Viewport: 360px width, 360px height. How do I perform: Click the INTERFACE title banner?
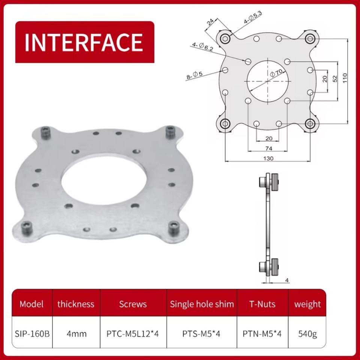84,42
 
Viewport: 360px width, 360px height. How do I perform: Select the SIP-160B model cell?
32,333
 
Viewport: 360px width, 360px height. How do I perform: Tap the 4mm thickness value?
76,334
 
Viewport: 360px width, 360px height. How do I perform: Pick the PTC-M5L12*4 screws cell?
133,333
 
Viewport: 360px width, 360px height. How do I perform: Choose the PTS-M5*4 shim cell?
201,333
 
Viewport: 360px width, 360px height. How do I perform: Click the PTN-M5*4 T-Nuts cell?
262,333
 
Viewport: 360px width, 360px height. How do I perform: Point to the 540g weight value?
307,334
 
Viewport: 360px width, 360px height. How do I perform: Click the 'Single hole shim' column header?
202,304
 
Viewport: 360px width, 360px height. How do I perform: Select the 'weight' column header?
307,304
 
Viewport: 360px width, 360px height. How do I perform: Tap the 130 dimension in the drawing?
268,158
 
